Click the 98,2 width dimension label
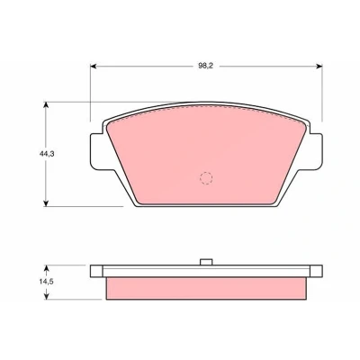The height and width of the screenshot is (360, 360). coord(205,67)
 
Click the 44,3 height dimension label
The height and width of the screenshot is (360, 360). coord(46,154)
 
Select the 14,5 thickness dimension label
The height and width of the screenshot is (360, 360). coord(46,282)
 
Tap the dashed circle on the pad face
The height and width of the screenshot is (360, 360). coord(206,178)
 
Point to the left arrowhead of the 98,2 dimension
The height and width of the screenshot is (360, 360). coord(93,67)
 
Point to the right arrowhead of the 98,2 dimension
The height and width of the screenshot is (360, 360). coord(319,67)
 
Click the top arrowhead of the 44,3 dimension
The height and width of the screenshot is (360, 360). coord(46,104)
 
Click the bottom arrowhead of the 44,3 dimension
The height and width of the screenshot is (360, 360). coord(46,203)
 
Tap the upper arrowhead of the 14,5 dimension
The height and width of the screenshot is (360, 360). coord(46,268)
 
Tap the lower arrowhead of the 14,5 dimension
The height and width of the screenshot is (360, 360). coord(46,296)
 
